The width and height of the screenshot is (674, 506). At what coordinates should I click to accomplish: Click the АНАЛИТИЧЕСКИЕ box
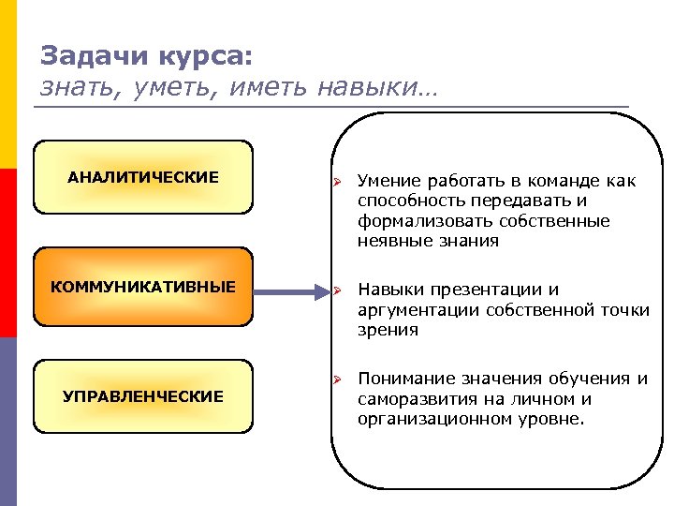pos(143,177)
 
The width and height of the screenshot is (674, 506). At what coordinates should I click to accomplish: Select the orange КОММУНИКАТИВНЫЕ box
pos(143,286)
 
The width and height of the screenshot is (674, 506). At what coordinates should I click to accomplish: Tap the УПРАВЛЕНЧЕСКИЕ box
pos(143,396)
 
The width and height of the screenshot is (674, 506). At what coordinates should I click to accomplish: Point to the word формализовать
pos(416,221)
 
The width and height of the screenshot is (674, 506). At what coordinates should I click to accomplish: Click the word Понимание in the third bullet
pos(405,379)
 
